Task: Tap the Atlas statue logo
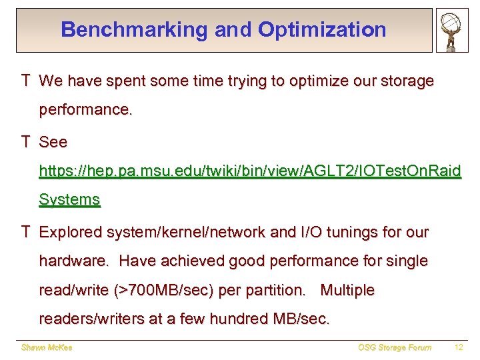tap(452, 30)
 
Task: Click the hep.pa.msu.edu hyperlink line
tap(249, 171)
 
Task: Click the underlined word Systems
tap(69, 199)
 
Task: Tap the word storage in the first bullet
tap(403, 81)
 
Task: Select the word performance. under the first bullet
tap(85, 109)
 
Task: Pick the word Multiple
tap(347, 291)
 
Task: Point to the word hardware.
tap(73, 261)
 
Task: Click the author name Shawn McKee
tap(47, 347)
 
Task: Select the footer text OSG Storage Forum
tap(394, 347)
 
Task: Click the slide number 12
tap(458, 347)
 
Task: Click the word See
tap(53, 143)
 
